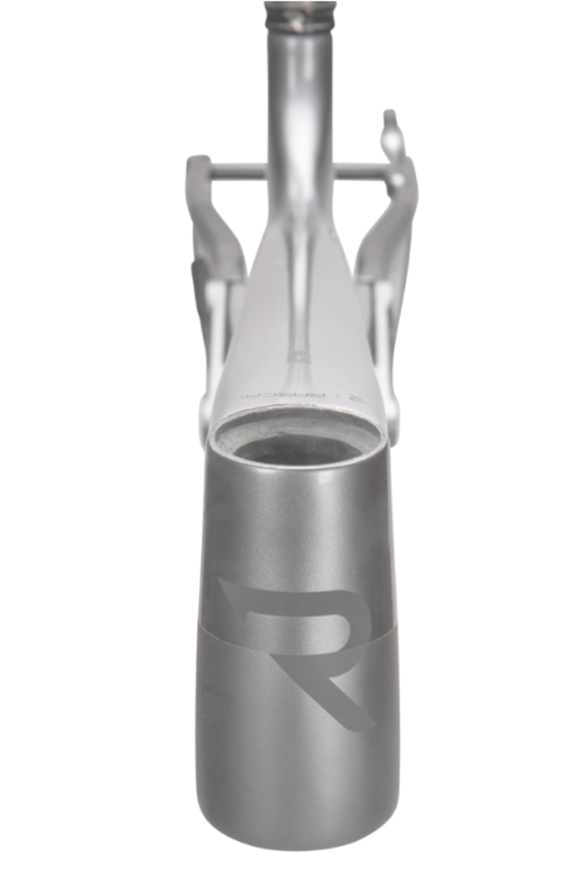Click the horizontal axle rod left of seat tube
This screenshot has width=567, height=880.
(x=238, y=170)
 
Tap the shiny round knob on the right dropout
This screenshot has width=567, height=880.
(x=396, y=180)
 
